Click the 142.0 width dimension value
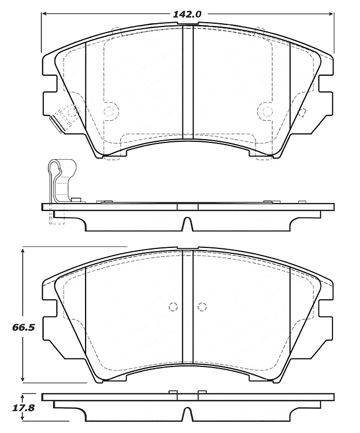[x=187, y=14]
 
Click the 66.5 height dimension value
[x=23, y=327]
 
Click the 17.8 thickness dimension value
[x=23, y=408]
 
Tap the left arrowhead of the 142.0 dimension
[x=44, y=14]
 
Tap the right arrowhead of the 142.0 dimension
[x=331, y=14]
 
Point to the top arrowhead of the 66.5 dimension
[x=23, y=251]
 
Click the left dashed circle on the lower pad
[x=173, y=307]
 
